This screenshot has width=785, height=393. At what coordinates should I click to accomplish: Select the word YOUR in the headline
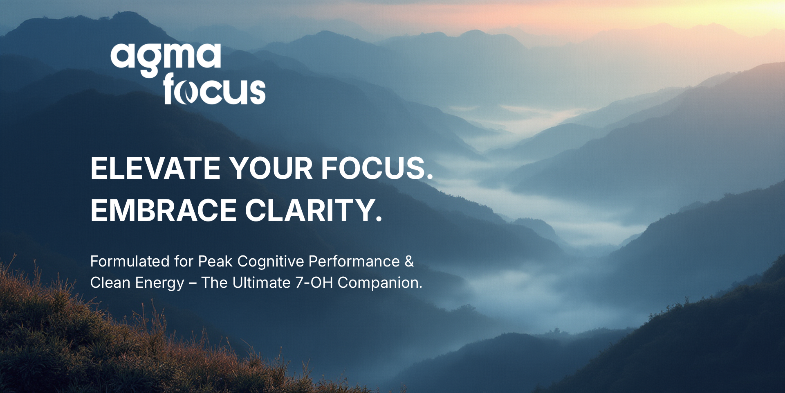click(x=271, y=168)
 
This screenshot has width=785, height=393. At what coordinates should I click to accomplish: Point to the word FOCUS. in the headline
click(x=377, y=168)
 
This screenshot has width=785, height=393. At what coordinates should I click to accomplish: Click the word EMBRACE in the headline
click(x=164, y=210)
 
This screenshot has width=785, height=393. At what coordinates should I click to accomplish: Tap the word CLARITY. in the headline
click(x=314, y=210)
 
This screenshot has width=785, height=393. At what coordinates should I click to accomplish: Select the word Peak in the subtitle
click(x=215, y=262)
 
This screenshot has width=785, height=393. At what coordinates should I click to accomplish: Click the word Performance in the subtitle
click(x=354, y=262)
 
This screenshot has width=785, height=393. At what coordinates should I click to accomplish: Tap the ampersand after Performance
click(x=409, y=262)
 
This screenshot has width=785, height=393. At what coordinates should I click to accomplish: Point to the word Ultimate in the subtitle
click(x=261, y=283)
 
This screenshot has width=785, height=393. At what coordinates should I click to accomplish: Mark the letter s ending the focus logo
click(x=258, y=93)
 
